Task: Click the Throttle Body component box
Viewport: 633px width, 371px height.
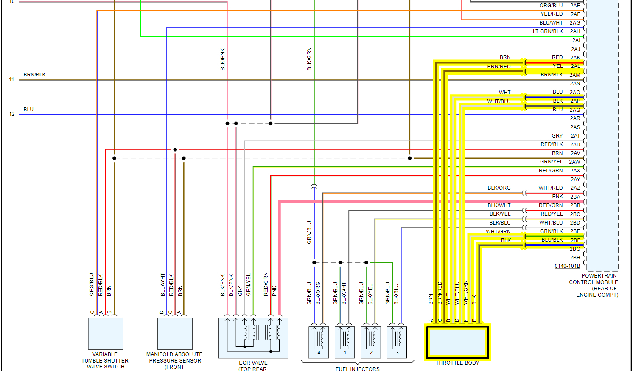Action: [x=457, y=342]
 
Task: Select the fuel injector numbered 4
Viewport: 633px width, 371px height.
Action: [x=319, y=342]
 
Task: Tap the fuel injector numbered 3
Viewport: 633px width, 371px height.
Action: [x=397, y=342]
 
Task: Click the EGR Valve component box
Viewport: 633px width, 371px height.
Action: [x=253, y=338]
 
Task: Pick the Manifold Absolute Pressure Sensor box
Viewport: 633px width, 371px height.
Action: [x=175, y=334]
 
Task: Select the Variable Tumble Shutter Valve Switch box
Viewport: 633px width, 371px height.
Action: [x=106, y=334]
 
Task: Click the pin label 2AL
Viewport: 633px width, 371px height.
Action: [x=575, y=66]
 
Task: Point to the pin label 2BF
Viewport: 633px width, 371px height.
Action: [x=575, y=240]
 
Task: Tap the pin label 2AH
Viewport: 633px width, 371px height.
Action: [x=575, y=31]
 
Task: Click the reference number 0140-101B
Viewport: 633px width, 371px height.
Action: [x=567, y=266]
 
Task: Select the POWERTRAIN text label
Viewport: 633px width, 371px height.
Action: [x=599, y=276]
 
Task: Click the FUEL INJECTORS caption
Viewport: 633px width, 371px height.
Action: [x=358, y=369]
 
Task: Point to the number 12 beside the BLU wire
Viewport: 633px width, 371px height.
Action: [x=12, y=114]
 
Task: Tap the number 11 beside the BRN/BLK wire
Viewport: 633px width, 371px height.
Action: [x=12, y=79]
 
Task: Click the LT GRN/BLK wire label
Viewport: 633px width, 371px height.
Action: [x=548, y=31]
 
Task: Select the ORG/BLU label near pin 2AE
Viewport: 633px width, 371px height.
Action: [x=551, y=6]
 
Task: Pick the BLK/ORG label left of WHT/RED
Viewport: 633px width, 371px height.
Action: [x=499, y=188]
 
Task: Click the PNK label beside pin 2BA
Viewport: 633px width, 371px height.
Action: [x=557, y=197]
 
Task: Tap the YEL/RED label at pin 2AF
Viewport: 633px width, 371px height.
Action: [x=552, y=14]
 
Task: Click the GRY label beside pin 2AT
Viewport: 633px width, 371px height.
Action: [x=557, y=136]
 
